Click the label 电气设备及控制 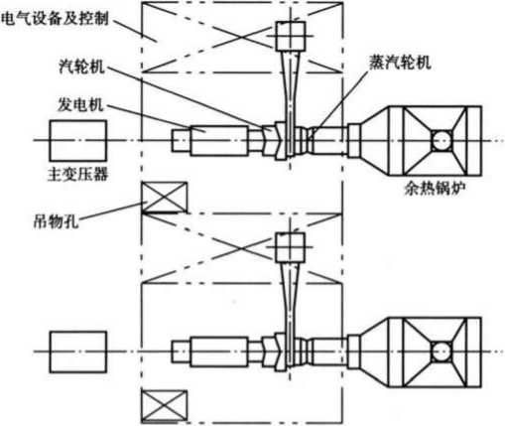[55, 19]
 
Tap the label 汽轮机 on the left [81, 67]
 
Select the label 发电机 [80, 104]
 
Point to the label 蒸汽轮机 [400, 63]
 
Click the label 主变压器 [78, 174]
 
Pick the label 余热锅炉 [435, 189]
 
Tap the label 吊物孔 [57, 220]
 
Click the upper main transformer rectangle [78, 141]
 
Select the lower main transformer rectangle [78, 352]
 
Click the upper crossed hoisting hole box [165, 197]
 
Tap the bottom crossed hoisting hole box [165, 406]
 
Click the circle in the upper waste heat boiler [442, 141]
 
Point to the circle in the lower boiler [442, 352]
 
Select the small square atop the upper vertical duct [291, 36]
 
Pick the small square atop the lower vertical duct [291, 247]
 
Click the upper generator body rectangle [219, 141]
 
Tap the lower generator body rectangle [219, 352]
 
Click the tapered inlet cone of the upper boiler [374, 141]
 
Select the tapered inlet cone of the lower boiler [374, 352]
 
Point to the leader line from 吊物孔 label [111, 211]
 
